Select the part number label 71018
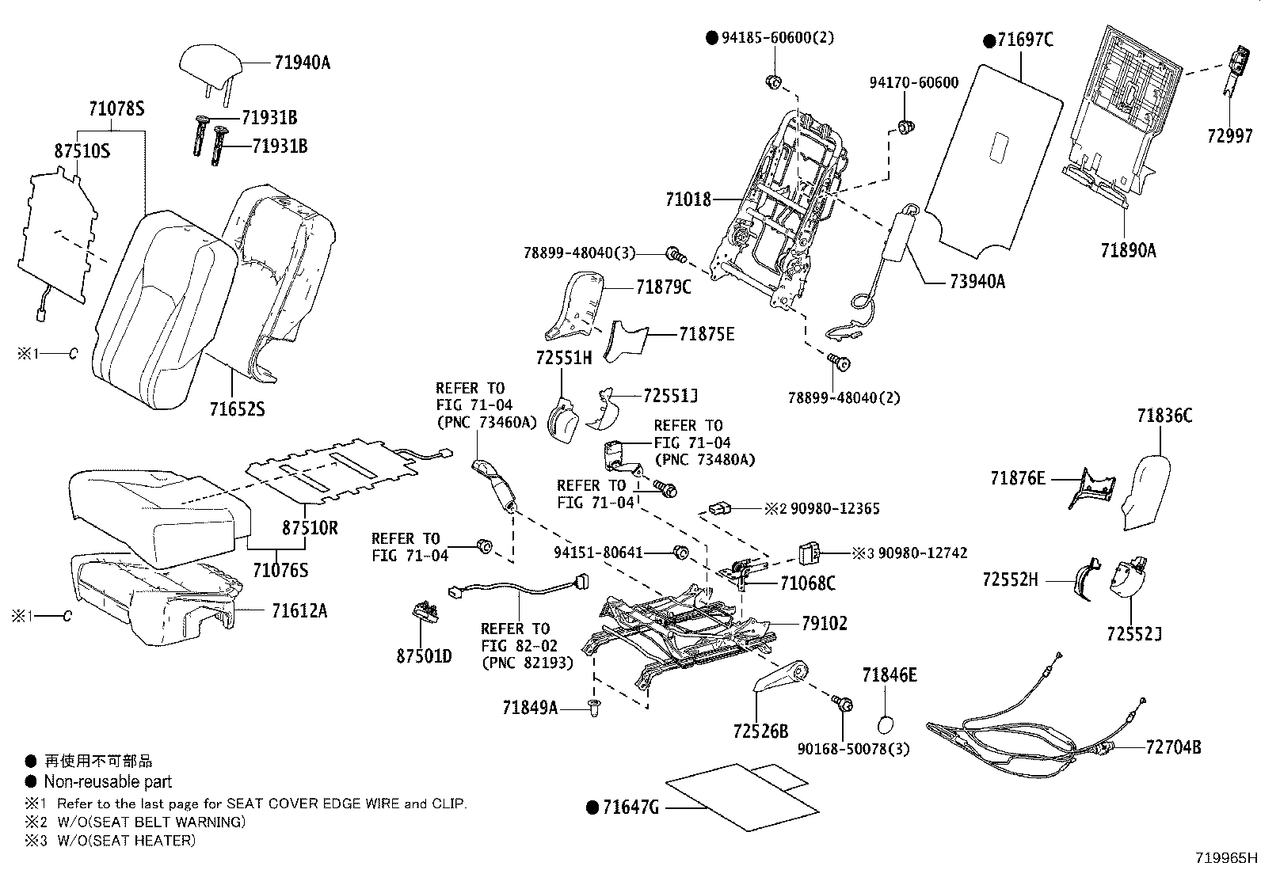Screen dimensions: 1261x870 click(x=688, y=199)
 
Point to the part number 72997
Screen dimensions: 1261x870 click(x=1230, y=135)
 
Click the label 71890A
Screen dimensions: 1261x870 click(x=1128, y=250)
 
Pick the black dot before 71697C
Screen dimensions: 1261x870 click(x=989, y=40)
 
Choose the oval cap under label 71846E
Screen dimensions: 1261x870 click(x=886, y=725)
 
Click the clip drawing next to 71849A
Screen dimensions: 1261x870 click(x=594, y=708)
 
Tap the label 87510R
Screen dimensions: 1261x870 click(x=310, y=527)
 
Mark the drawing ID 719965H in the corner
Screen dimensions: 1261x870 click(x=1226, y=857)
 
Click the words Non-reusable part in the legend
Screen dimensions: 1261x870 click(x=108, y=781)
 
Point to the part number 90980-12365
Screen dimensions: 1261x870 click(x=835, y=509)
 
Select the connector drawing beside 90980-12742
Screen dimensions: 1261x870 click(x=809, y=553)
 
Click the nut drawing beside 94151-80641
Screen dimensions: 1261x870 click(x=680, y=553)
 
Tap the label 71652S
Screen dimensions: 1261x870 click(x=237, y=409)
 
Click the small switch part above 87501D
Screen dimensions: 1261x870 click(x=426, y=610)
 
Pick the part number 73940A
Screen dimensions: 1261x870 click(x=977, y=281)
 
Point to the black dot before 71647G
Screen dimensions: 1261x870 click(x=592, y=807)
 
